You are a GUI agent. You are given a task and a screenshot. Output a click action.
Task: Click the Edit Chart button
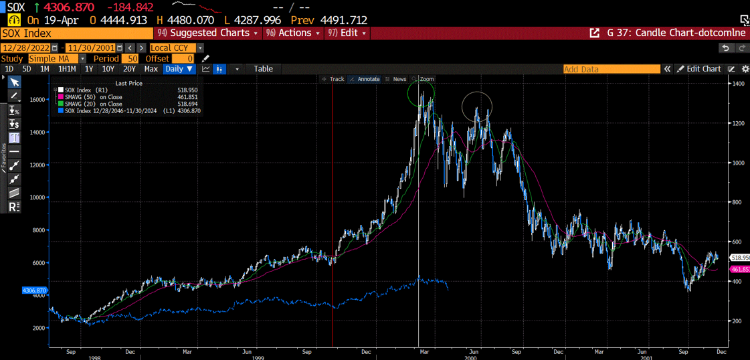pos(699,69)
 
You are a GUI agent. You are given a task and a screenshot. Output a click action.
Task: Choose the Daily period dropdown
pos(179,69)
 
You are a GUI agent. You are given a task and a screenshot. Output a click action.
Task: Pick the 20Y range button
pos(129,69)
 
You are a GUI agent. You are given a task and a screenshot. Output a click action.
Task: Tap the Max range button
pos(151,69)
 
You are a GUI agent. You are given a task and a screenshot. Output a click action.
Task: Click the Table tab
pos(263,69)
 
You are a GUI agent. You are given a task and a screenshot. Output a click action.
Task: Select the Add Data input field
pos(611,69)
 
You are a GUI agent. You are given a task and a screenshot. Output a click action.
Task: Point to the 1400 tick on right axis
pos(738,84)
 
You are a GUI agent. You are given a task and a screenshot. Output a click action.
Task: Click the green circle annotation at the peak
pos(421,94)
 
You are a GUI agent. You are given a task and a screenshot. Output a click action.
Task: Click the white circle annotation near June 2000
pos(477,107)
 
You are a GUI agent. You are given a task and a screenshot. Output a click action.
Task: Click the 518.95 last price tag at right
pos(739,258)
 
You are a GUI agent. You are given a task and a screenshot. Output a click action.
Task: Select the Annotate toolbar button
pos(365,79)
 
